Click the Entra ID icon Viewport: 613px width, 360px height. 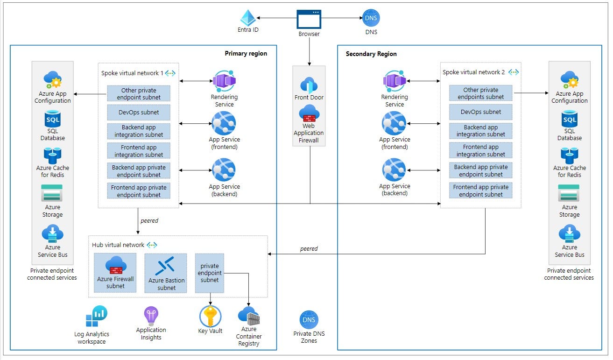247,18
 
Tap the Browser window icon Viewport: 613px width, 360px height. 309,19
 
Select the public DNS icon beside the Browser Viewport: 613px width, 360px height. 371,18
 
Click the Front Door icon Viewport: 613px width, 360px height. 309,85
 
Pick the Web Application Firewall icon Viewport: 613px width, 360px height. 309,113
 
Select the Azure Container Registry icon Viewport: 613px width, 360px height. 248,316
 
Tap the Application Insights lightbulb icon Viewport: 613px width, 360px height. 151,316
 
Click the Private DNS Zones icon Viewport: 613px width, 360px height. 309,320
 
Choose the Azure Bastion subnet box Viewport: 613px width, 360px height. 166,273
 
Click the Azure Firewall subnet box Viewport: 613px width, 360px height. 115,273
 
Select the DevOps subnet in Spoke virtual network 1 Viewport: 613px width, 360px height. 139,113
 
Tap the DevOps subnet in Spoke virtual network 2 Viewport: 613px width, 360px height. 480,112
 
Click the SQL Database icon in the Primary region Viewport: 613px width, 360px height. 52,119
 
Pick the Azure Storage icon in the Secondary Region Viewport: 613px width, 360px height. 569,193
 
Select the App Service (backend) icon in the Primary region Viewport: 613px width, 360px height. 224,170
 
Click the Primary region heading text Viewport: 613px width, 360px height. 246,53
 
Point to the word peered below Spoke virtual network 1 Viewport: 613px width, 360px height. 149,220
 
